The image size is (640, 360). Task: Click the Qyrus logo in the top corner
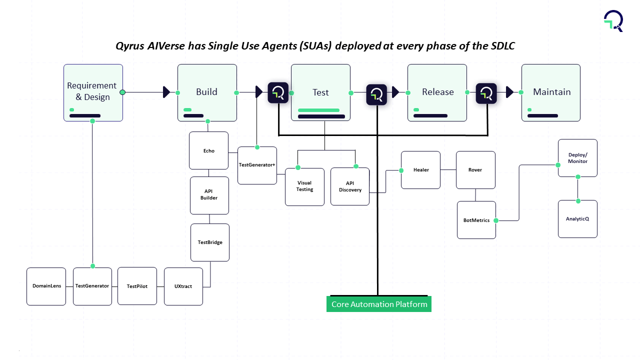(613, 20)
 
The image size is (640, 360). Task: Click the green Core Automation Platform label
(379, 304)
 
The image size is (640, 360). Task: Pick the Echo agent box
(208, 150)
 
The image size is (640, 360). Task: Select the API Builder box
(209, 195)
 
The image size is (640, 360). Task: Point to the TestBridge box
(210, 242)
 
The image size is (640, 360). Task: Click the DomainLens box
(46, 286)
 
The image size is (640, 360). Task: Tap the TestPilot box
(137, 286)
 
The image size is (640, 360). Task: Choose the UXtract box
(183, 286)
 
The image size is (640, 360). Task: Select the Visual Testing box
(304, 186)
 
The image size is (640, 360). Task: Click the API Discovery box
(350, 186)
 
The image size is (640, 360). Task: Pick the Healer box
(421, 170)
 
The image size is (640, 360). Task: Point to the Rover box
(475, 170)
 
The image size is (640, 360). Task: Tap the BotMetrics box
(476, 220)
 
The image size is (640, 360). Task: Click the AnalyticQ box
(577, 219)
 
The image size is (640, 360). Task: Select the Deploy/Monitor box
(577, 158)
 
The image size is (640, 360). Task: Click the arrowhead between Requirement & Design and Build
(167, 92)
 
